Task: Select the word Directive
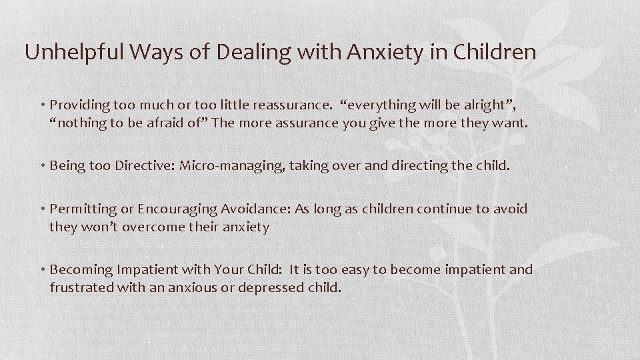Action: click(x=143, y=165)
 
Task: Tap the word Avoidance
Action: click(x=253, y=209)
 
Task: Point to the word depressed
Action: click(x=272, y=288)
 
